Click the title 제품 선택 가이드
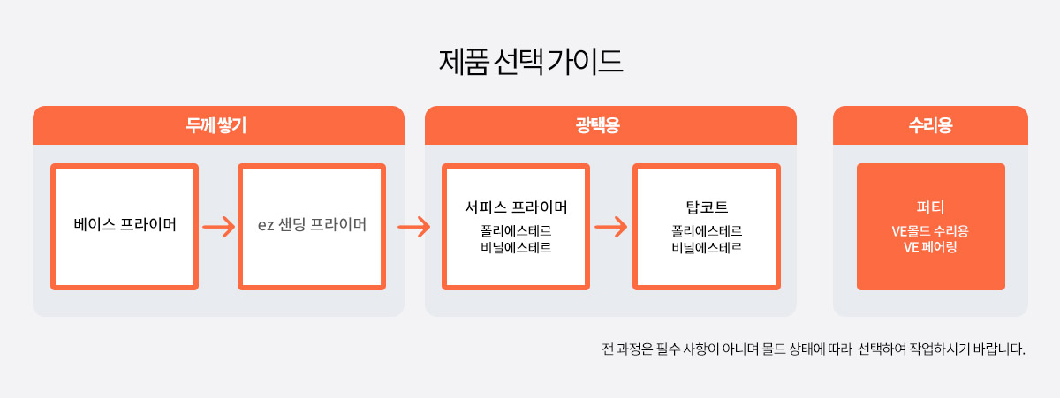pyautogui.click(x=531, y=62)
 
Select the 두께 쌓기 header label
pyautogui.click(x=216, y=125)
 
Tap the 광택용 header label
pyautogui.click(x=598, y=125)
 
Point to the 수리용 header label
pyautogui.click(x=930, y=125)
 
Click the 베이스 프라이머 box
pyautogui.click(x=125, y=227)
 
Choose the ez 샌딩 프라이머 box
pyautogui.click(x=312, y=227)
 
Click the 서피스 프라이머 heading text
pyautogui.click(x=516, y=207)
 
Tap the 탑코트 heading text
pyautogui.click(x=707, y=207)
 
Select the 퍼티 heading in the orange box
pyautogui.click(x=930, y=207)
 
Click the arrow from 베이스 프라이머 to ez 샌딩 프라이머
pyautogui.click(x=219, y=227)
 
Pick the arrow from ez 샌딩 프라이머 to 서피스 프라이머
pyautogui.click(x=414, y=227)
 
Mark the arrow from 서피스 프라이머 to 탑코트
pyautogui.click(x=611, y=227)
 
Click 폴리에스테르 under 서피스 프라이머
pyautogui.click(x=516, y=230)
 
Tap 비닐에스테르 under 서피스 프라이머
pyautogui.click(x=516, y=247)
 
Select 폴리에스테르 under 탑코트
pyautogui.click(x=707, y=230)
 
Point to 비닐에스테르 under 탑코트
pyautogui.click(x=707, y=247)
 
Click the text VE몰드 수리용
pyautogui.click(x=930, y=230)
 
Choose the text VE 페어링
pyautogui.click(x=930, y=247)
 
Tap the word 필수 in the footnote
pyautogui.click(x=667, y=349)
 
